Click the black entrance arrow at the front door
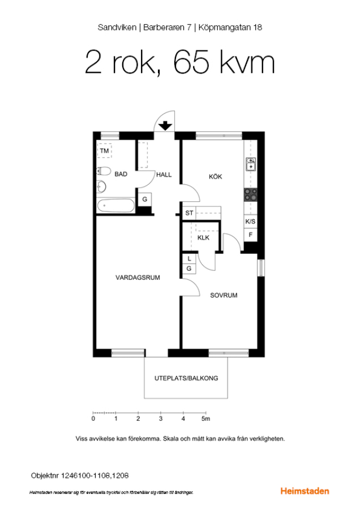(165, 126)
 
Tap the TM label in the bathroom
(104, 150)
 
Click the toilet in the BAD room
(104, 171)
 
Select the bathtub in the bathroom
(115, 205)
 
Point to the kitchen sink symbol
(251, 164)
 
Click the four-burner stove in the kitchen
(251, 195)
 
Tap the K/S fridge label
(250, 221)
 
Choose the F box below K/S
(251, 234)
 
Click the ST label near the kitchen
(189, 213)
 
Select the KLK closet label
(203, 238)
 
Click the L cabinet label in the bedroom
(189, 258)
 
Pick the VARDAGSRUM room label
(138, 278)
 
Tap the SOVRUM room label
(224, 295)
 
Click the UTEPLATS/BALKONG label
(186, 378)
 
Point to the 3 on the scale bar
(161, 419)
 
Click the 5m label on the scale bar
(205, 419)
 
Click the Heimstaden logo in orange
(305, 491)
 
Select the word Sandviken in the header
(117, 27)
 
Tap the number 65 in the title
(191, 62)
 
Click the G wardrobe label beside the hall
(145, 199)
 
